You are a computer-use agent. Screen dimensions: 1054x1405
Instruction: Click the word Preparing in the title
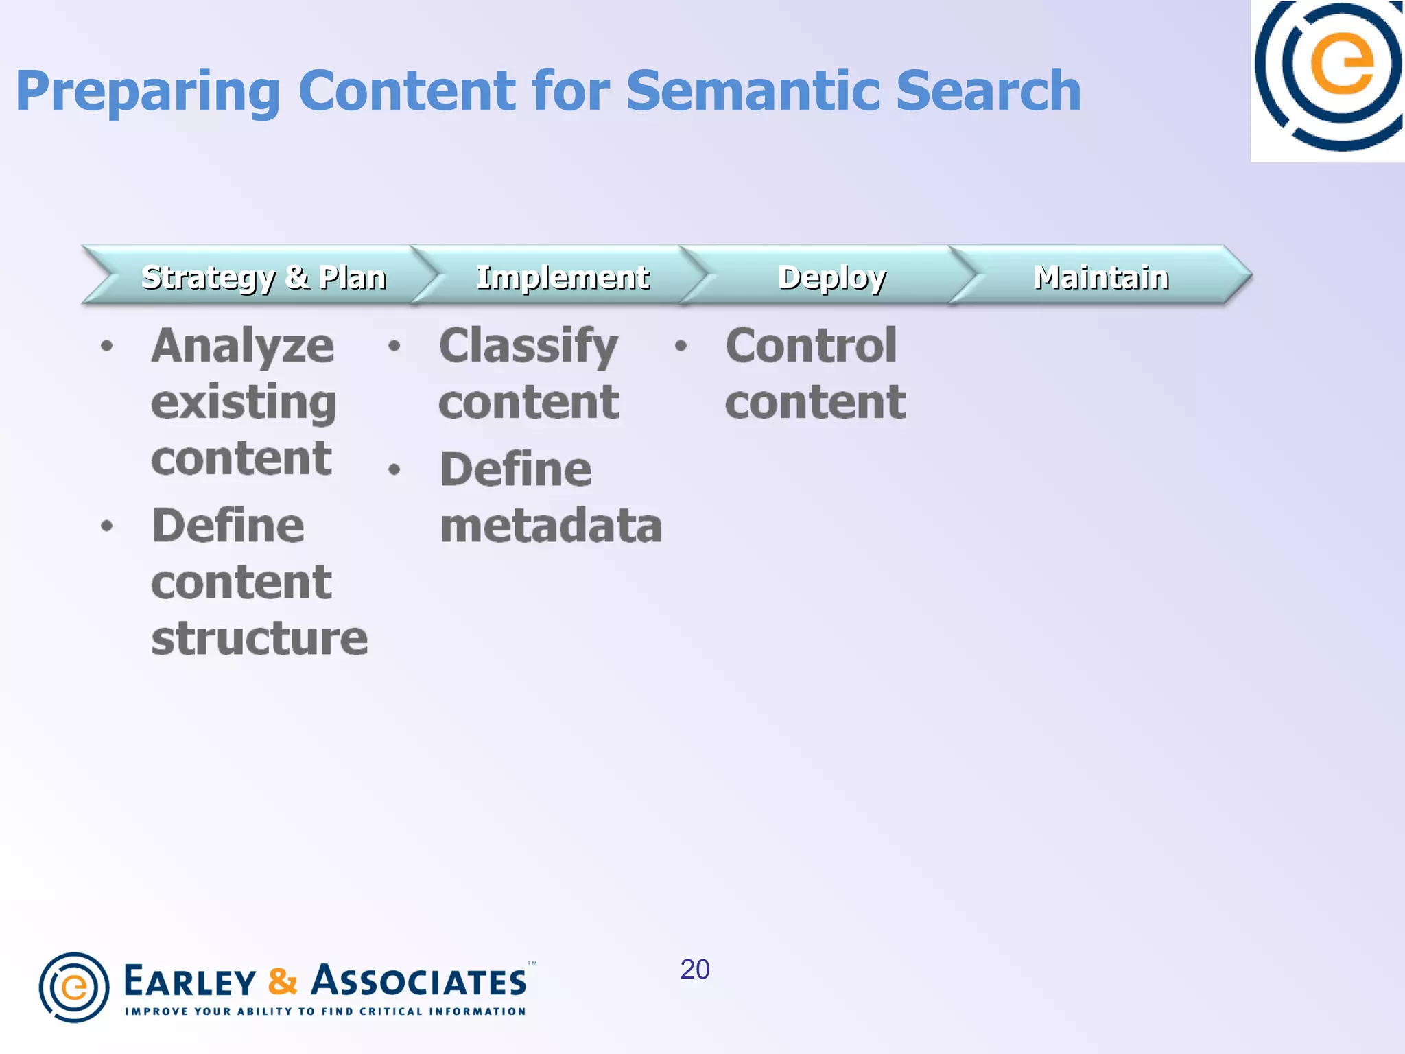point(147,92)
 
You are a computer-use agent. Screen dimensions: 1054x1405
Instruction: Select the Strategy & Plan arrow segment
point(263,277)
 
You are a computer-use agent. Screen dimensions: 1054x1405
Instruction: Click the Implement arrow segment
point(562,277)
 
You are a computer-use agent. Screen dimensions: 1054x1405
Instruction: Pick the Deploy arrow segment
point(831,277)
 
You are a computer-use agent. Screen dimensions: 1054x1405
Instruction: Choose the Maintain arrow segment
point(1100,277)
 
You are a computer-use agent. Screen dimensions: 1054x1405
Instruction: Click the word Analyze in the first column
point(243,346)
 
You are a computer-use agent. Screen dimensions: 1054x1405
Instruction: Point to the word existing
point(244,403)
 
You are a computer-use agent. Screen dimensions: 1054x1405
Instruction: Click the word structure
point(259,638)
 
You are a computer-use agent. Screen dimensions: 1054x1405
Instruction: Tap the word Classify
point(528,346)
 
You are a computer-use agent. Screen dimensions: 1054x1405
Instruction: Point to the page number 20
point(694,969)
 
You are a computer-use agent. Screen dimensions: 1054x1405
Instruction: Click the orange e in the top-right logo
point(1342,65)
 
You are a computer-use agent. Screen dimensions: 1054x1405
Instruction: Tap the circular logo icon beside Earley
point(74,987)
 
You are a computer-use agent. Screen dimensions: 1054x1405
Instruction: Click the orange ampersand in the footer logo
point(283,981)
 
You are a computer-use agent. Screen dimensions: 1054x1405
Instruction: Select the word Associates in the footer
point(418,981)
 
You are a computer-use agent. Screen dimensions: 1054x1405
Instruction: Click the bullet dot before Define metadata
point(394,469)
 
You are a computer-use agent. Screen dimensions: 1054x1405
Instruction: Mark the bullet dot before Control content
point(681,345)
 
